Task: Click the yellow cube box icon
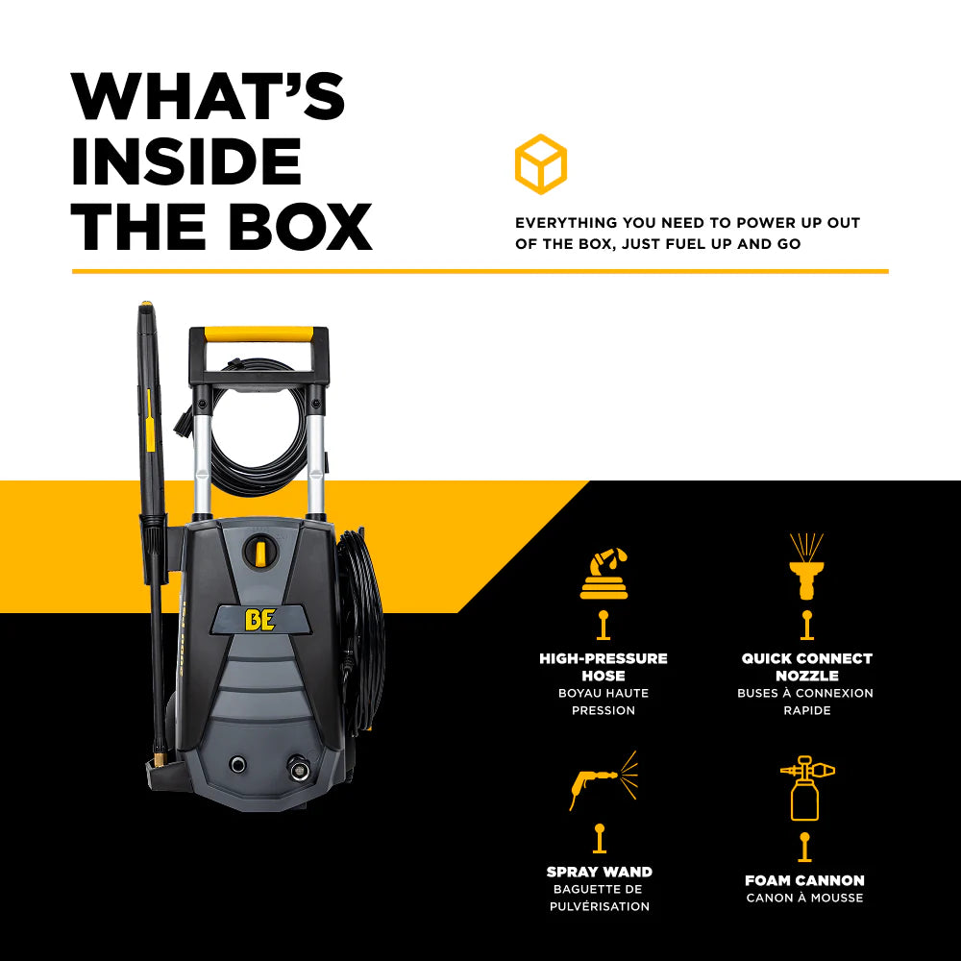[x=540, y=164]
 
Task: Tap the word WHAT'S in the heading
[x=208, y=96]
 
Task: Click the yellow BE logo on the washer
[x=259, y=620]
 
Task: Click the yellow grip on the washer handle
[x=259, y=334]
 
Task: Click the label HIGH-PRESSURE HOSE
[x=604, y=667]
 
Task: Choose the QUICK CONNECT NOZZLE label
[x=806, y=667]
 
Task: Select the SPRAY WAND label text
[x=600, y=872]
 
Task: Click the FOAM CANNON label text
[x=804, y=880]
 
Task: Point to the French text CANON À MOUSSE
[x=804, y=899]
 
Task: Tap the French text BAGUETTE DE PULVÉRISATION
[x=600, y=898]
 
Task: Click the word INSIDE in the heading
[x=186, y=161]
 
